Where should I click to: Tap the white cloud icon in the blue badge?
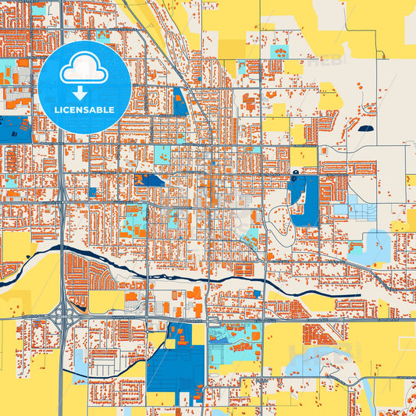[84, 69]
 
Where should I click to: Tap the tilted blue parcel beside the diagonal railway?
[180, 101]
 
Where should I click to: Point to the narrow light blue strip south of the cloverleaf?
[80, 359]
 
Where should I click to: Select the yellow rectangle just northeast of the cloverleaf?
[105, 300]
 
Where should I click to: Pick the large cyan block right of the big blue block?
[234, 347]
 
